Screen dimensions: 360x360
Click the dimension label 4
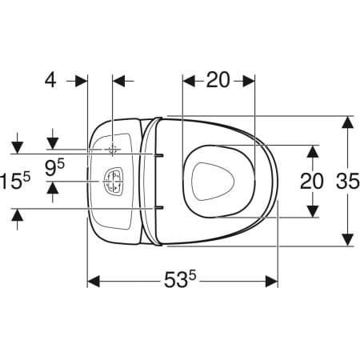pos(50,80)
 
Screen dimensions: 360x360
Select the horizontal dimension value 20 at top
pos(218,80)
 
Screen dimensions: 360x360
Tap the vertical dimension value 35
pos(348,181)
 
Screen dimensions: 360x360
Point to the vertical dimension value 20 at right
pos(312,181)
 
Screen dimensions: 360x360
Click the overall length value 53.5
pos(180,279)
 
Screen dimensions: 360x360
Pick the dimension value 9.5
pos(54,168)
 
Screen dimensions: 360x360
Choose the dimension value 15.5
pos(15,181)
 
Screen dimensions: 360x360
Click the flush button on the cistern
pos(114,182)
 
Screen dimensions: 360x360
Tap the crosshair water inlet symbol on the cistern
pos(113,150)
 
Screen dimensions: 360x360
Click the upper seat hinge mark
pos(158,154)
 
